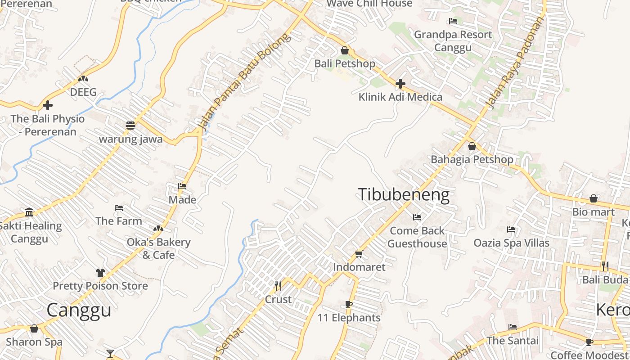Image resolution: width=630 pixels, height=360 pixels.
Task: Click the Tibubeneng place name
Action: coord(404,194)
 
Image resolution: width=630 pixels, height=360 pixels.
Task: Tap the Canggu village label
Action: coord(79,310)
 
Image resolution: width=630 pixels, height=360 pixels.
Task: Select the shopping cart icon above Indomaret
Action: coord(359,254)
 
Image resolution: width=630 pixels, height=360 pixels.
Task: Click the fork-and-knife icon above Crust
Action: coord(278,286)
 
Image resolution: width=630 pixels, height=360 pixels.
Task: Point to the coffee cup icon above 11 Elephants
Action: coord(349,305)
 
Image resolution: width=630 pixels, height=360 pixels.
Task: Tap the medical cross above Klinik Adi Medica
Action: coord(400,84)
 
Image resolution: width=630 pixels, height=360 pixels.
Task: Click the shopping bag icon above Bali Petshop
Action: coord(345,50)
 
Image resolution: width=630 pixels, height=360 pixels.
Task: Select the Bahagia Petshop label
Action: coord(472,159)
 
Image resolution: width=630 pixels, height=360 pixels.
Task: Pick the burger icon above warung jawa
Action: coord(130,126)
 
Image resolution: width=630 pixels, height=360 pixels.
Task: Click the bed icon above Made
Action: coord(182,186)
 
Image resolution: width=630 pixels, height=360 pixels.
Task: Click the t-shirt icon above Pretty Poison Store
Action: coord(100,273)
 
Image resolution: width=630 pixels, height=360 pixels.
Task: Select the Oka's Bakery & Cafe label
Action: coord(158,248)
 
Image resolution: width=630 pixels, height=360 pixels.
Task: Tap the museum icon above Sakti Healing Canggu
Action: coord(30,212)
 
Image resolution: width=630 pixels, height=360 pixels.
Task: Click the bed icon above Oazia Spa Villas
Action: coord(511,229)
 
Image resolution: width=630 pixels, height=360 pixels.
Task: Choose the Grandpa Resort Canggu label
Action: coord(453,41)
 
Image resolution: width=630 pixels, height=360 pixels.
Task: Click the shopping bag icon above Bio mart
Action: coord(594,198)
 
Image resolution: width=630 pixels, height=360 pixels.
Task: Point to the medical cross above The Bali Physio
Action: coord(48,106)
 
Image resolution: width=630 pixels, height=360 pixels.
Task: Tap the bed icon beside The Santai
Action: coord(513,327)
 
